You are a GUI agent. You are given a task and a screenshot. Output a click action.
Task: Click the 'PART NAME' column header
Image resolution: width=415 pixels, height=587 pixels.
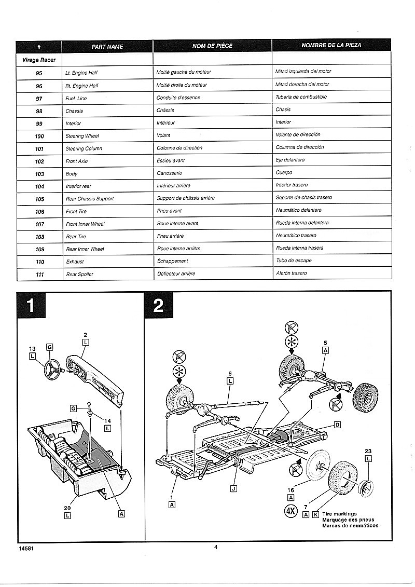pyautogui.click(x=107, y=46)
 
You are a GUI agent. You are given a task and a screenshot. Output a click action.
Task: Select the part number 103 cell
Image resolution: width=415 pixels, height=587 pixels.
pyautogui.click(x=39, y=174)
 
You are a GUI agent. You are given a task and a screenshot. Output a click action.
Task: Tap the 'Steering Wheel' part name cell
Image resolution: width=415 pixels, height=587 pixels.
pyautogui.click(x=82, y=136)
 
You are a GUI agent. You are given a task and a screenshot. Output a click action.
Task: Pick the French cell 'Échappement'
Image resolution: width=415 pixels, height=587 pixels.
pyautogui.click(x=172, y=261)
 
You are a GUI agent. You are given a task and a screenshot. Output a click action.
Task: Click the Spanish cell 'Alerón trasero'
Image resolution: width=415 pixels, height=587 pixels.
pyautogui.click(x=291, y=273)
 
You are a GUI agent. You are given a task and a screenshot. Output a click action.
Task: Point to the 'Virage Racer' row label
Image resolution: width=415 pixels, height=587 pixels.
pyautogui.click(x=39, y=60)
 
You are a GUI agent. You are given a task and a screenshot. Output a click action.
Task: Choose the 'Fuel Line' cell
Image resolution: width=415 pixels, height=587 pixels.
pyautogui.click(x=76, y=99)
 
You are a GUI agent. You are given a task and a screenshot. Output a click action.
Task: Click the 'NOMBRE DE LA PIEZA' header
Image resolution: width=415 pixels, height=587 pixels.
pyautogui.click(x=331, y=45)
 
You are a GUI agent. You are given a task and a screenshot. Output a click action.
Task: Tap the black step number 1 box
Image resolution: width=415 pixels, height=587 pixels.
pyautogui.click(x=31, y=305)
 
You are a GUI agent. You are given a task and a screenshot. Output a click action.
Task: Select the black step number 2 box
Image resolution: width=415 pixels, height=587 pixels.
pyautogui.click(x=159, y=305)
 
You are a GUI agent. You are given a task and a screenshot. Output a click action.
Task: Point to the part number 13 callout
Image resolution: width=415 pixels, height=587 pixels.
pyautogui.click(x=32, y=349)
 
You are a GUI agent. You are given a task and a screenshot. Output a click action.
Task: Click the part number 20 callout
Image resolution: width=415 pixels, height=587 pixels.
pyautogui.click(x=67, y=508)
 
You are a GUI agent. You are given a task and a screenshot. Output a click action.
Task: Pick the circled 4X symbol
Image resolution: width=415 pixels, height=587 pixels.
pyautogui.click(x=290, y=511)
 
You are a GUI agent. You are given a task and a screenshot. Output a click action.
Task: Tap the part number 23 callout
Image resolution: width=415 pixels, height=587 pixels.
pyautogui.click(x=368, y=451)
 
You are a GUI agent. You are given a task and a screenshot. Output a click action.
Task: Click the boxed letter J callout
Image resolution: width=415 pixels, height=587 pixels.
pyautogui.click(x=234, y=488)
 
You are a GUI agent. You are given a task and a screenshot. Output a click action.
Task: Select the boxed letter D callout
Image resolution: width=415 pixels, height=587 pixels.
pyautogui.click(x=338, y=425)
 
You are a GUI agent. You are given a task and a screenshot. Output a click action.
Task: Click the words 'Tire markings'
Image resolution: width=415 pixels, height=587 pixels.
pyautogui.click(x=339, y=514)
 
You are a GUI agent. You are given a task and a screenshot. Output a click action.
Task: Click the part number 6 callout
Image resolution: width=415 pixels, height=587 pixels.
pyautogui.click(x=230, y=373)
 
